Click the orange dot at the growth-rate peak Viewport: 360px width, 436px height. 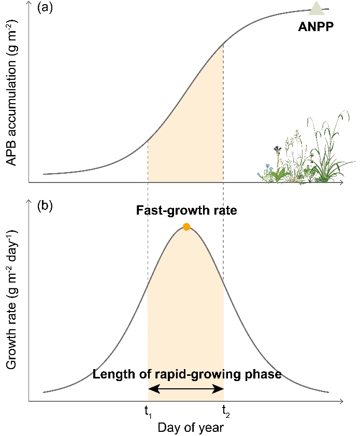pos(186,227)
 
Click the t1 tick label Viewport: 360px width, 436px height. pos(148,413)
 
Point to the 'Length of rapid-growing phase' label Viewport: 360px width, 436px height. pos(187,374)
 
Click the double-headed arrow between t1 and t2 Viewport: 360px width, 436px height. pos(186,389)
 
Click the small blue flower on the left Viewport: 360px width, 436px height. pos(267,168)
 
